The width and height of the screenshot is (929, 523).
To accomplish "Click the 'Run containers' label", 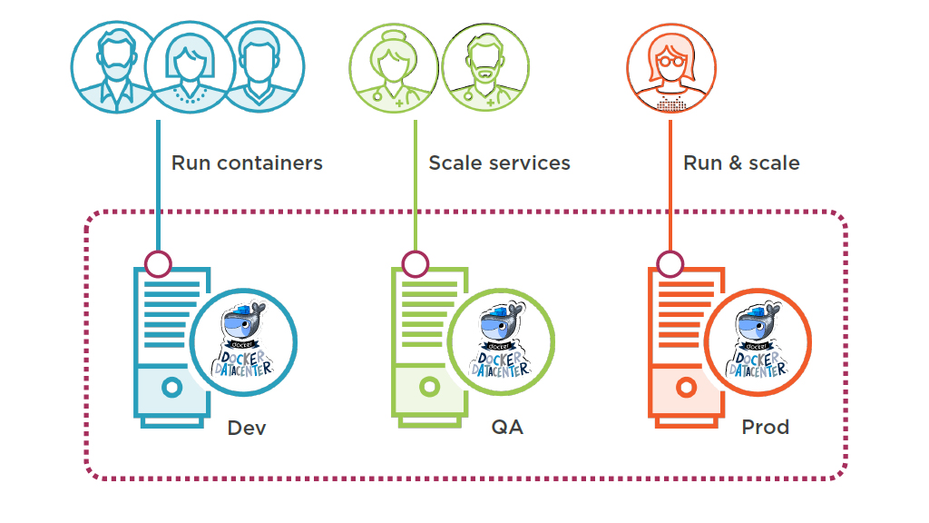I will pos(247,163).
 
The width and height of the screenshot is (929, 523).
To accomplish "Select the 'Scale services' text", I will pos(499,163).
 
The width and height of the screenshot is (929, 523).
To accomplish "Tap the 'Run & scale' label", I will pos(741,163).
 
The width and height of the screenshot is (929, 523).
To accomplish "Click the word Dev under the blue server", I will pos(247,428).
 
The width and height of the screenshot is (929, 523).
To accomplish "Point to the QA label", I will pos(507,428).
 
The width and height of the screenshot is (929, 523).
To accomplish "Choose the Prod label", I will pos(765,428).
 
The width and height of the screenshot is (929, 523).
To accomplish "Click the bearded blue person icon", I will pos(114,65).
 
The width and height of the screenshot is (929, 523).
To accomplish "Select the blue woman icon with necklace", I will pos(190,65).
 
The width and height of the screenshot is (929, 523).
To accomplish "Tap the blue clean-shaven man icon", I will pos(261,65).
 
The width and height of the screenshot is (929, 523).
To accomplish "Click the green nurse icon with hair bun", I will pos(393,66).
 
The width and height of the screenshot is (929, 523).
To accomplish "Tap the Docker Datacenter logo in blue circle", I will pos(245,343).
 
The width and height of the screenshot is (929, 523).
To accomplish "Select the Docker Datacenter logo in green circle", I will pos(502,343).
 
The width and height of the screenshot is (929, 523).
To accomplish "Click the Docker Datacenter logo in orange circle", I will pos(758,343).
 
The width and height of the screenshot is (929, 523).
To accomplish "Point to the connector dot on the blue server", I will pos(158,264).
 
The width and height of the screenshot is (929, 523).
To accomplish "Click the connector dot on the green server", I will pos(416,264).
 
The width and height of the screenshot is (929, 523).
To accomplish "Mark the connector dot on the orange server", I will pos(670,264).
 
